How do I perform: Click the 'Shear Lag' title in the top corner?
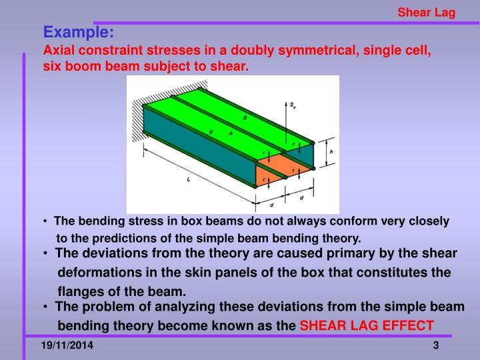(x=426, y=13)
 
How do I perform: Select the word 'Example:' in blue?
(x=79, y=32)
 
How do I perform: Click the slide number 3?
(x=435, y=345)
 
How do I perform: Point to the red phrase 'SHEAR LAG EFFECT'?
(x=367, y=326)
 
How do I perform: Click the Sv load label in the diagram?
(x=293, y=105)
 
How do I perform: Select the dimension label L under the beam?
(x=189, y=179)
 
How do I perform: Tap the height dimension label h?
(x=331, y=153)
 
